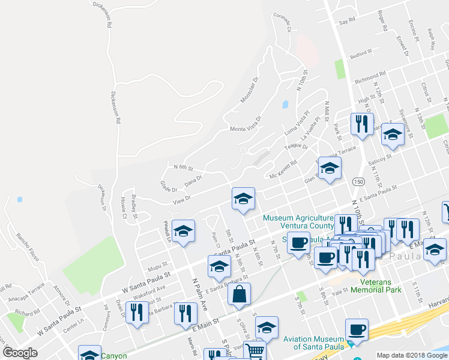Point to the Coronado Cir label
[282, 22]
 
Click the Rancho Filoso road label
[28, 247]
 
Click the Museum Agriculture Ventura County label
[298, 222]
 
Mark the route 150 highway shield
[358, 181]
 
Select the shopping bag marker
[239, 294]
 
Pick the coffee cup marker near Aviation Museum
[357, 329]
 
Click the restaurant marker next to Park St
[361, 124]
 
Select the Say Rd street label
[348, 20]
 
